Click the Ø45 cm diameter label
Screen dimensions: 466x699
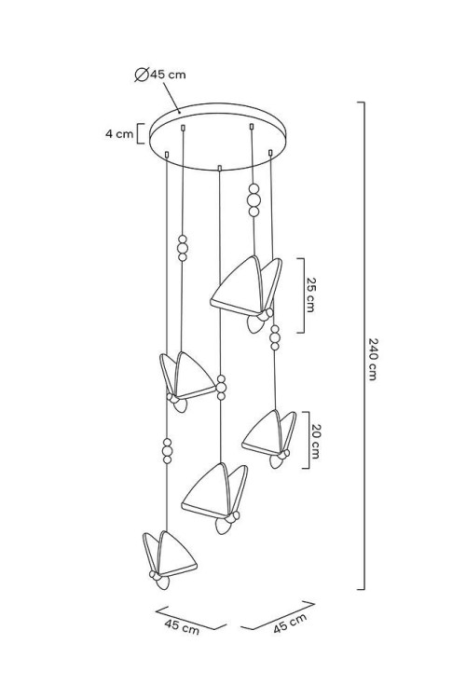click(160, 75)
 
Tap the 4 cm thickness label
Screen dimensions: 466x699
click(119, 133)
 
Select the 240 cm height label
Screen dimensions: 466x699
click(373, 359)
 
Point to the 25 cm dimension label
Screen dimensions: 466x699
click(310, 295)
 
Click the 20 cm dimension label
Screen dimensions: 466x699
click(315, 441)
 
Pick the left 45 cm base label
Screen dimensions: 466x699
click(182, 626)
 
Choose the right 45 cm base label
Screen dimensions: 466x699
click(290, 624)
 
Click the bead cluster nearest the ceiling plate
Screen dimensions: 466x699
click(254, 199)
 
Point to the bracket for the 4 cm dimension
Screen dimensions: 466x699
click(140, 133)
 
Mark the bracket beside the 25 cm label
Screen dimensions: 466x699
click(301, 295)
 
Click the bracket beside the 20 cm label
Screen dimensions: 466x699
click(307, 440)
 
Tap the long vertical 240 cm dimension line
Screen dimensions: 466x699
click(363, 346)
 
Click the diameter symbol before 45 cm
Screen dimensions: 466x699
click(142, 75)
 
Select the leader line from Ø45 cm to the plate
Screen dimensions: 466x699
click(171, 98)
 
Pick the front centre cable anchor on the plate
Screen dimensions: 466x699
click(219, 168)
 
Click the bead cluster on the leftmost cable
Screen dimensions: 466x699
click(167, 451)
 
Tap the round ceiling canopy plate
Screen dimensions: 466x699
click(217, 136)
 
